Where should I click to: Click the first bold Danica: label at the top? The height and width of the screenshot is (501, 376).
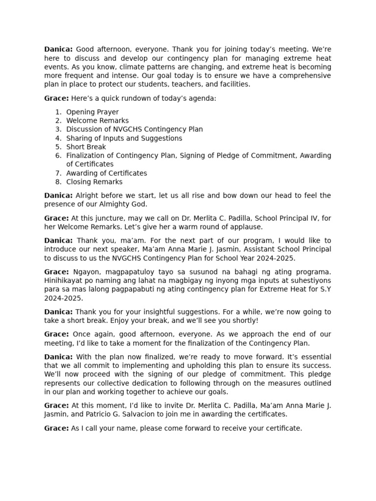click(x=58, y=49)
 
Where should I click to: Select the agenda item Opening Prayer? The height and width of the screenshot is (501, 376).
click(x=93, y=112)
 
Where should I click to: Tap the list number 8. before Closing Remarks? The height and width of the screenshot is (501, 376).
click(x=58, y=182)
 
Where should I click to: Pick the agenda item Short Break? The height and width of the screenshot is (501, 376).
click(x=86, y=147)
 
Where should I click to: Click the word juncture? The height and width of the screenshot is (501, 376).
click(x=103, y=218)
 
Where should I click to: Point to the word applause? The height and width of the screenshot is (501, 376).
click(x=246, y=227)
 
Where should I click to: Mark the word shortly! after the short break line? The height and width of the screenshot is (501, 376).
click(x=244, y=321)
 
